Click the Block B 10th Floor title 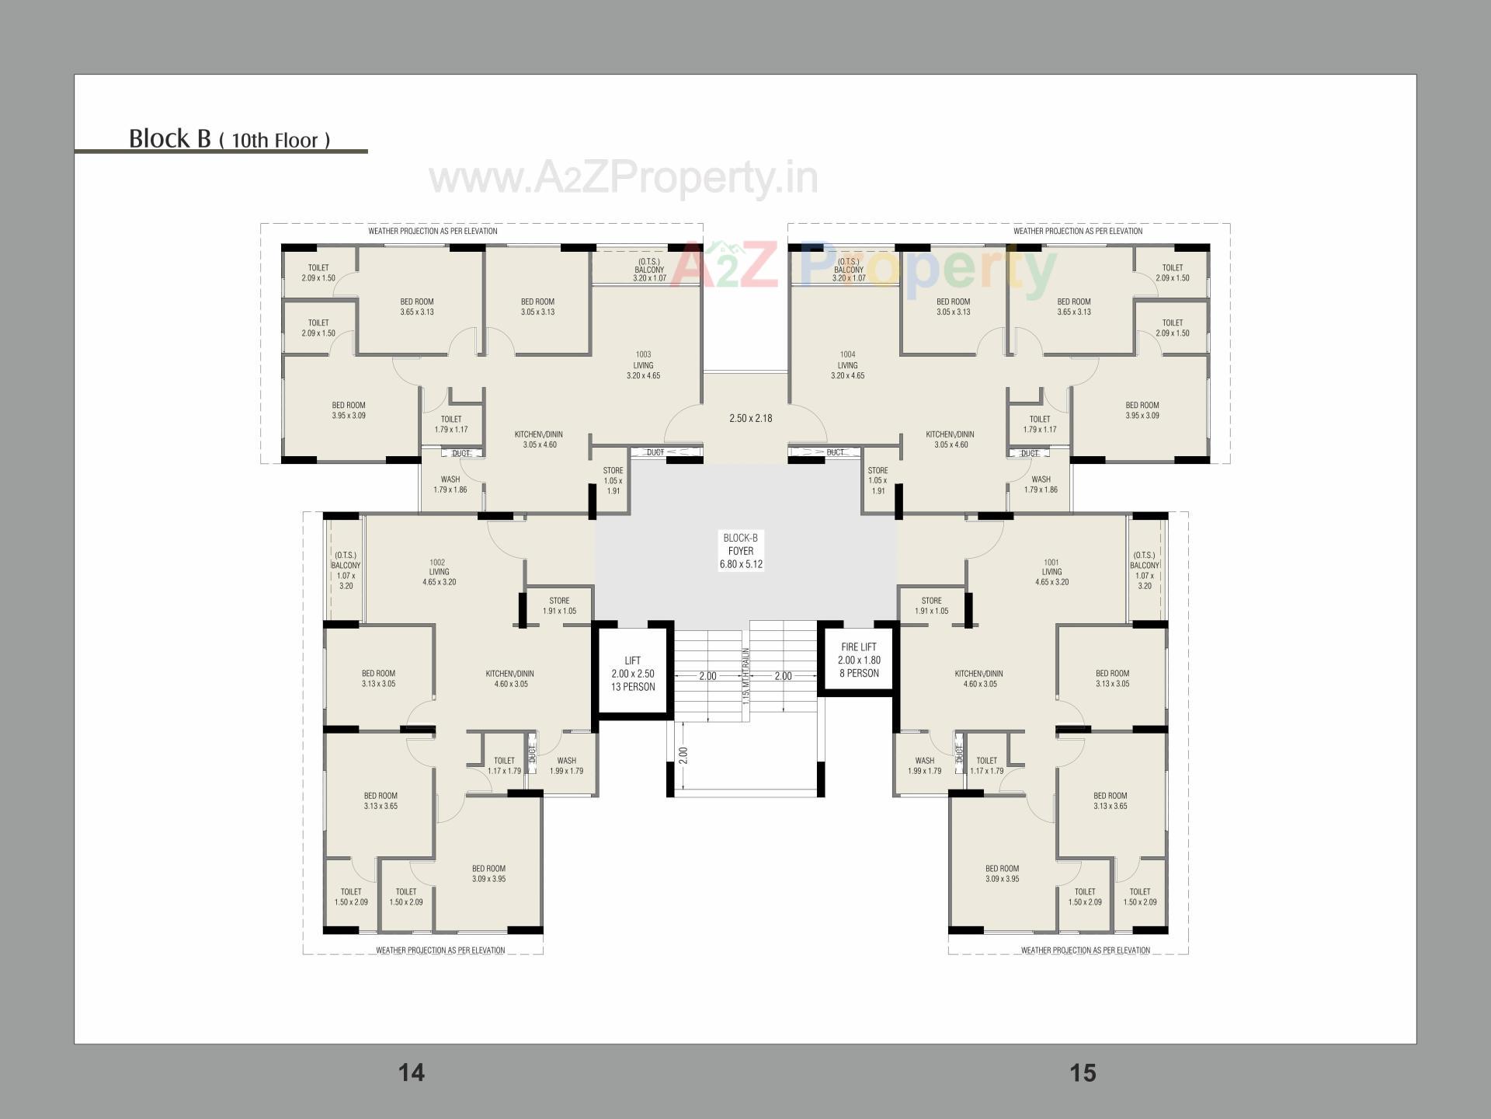tap(229, 138)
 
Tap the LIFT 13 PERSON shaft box tap(633, 673)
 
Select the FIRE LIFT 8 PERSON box tap(859, 660)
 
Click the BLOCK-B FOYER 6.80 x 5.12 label tap(740, 551)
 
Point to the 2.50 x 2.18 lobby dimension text tap(750, 418)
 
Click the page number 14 tap(412, 1072)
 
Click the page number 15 tap(1083, 1072)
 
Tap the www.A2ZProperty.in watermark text tap(623, 178)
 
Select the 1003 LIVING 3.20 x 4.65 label tap(643, 365)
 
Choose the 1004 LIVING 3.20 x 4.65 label tap(847, 365)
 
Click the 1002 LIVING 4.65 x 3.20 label tap(439, 572)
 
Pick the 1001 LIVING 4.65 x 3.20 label tap(1051, 572)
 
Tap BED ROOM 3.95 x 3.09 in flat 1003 tap(349, 410)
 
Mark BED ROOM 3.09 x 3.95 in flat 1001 tap(1002, 873)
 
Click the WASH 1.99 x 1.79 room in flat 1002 tap(566, 765)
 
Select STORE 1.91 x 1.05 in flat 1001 tap(931, 605)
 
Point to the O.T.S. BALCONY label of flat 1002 tap(346, 570)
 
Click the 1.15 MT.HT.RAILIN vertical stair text tap(745, 676)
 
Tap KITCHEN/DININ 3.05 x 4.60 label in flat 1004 tap(951, 440)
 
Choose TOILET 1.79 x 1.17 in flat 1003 tap(451, 424)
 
